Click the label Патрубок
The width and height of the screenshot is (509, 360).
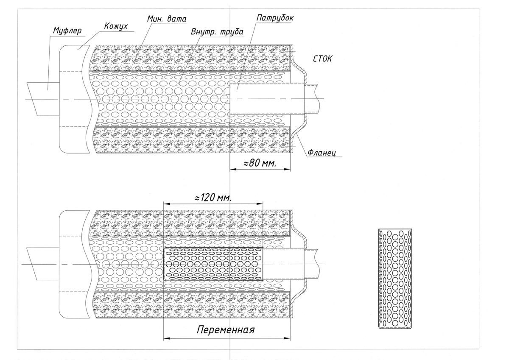pyautogui.click(x=275, y=19)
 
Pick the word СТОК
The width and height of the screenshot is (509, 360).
pyautogui.click(x=323, y=60)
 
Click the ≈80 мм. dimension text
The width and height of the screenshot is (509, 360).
pyautogui.click(x=260, y=164)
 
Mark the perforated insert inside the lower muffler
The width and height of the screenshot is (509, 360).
pyautogui.click(x=213, y=264)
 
